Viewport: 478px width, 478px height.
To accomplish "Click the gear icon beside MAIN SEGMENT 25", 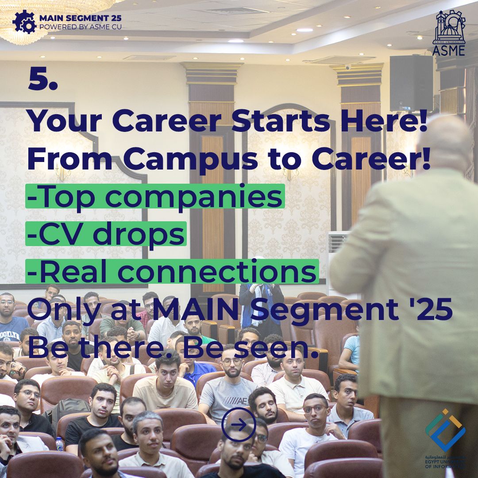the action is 24,22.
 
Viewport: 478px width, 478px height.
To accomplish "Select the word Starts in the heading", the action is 281,121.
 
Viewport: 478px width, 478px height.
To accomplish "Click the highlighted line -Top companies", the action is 155,197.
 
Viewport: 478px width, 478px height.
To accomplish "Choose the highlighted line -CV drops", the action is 106,234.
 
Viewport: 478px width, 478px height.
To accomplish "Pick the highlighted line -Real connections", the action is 172,271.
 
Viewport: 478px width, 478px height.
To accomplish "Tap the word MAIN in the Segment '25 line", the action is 195,309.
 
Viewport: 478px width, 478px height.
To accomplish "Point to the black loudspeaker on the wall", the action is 411,83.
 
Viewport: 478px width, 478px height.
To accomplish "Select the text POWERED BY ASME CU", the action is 81,27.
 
